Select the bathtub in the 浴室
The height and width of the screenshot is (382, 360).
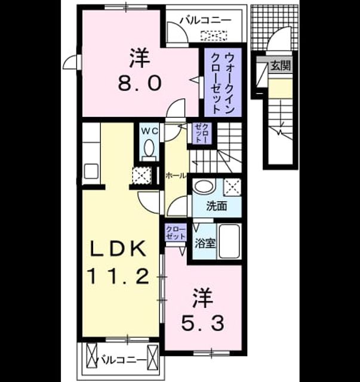coord(229,241)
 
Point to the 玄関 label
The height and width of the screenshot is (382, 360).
coord(281,65)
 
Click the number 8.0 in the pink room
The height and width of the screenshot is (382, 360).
coord(140,83)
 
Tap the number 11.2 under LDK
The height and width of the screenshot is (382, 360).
coord(119,276)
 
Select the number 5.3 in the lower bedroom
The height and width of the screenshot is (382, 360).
coord(203,323)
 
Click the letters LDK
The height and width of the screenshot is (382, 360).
coord(118,248)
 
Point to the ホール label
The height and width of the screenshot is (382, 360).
coord(176,175)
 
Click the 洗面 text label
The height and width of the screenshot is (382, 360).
coord(217,206)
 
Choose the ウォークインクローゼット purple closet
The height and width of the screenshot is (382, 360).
coord(223,82)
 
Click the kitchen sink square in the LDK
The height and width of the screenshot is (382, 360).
coord(91,171)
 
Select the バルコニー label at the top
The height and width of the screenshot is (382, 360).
coord(205,20)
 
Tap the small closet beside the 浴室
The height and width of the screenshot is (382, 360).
coord(176,233)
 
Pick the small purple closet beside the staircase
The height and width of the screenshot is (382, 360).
coord(202,133)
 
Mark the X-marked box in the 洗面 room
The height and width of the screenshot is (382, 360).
coord(232,187)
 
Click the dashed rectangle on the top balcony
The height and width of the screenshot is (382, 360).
coord(214,36)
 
